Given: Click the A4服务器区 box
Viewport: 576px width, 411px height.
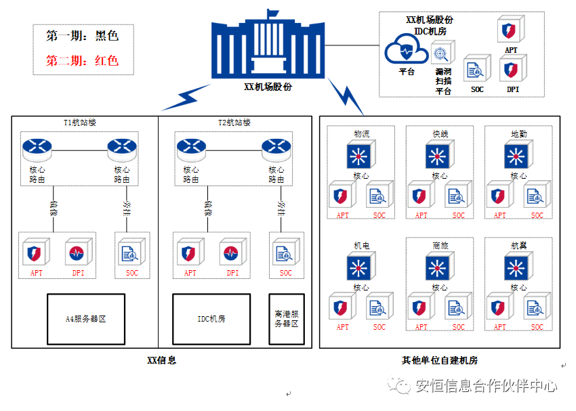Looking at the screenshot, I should click(85, 318).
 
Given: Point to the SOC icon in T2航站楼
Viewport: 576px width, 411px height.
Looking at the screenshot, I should click(284, 254).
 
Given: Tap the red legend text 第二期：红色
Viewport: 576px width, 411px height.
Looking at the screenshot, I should click(82, 60).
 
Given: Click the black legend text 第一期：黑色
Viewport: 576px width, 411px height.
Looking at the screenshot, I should click(82, 35).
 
